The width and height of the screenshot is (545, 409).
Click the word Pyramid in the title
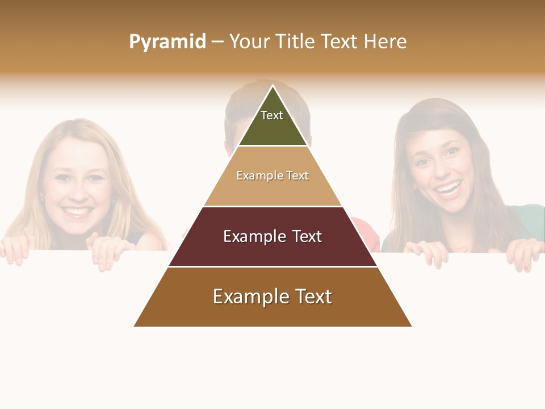coord(167,42)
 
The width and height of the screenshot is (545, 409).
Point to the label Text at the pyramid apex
coord(272,115)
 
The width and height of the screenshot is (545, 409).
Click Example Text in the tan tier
coord(272,176)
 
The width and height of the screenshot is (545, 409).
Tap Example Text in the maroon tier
coord(272,236)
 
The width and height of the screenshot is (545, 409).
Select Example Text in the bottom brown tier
coord(272,297)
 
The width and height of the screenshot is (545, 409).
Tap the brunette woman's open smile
coord(449,189)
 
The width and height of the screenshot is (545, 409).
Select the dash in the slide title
coord(217,42)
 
